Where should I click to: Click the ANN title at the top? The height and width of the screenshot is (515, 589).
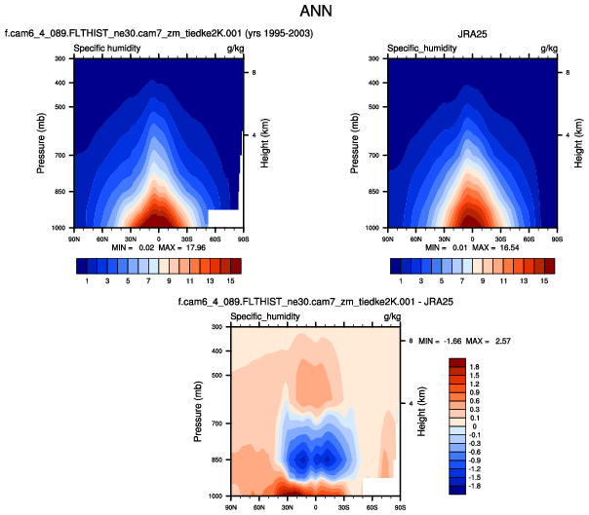click(294, 15)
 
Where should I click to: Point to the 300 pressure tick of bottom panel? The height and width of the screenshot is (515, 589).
click(217, 327)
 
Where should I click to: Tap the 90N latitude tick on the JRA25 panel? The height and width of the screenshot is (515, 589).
click(388, 237)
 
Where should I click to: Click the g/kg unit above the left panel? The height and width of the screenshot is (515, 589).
click(234, 48)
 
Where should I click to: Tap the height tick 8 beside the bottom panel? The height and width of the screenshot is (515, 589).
click(411, 340)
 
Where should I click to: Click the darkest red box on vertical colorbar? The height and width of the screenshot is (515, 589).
click(455, 363)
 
